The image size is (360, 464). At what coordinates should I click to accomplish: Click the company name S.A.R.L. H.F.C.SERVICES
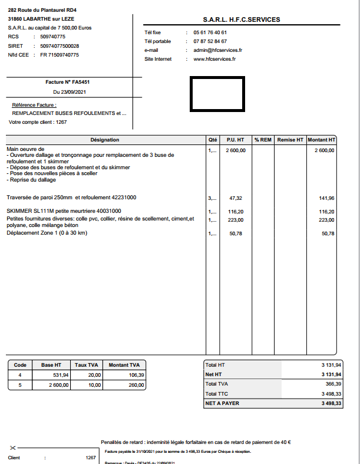click(x=241, y=19)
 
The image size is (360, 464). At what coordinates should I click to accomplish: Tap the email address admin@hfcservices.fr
click(x=217, y=50)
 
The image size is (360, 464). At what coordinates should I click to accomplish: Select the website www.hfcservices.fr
click(x=214, y=59)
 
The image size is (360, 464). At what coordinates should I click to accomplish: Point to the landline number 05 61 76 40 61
click(x=210, y=32)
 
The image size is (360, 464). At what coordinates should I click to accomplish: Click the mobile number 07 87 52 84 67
click(x=210, y=41)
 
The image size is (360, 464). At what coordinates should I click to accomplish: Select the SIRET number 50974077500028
click(x=60, y=45)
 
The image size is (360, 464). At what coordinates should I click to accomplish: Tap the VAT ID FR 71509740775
click(x=60, y=54)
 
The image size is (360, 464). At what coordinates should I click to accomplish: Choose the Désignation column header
click(x=105, y=140)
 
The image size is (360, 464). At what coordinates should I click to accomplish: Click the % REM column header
click(x=263, y=140)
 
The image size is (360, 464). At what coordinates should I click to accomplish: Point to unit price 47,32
click(x=236, y=198)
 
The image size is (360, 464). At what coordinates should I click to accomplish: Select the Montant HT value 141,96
click(x=326, y=198)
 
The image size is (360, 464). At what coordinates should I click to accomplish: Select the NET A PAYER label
click(x=222, y=403)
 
